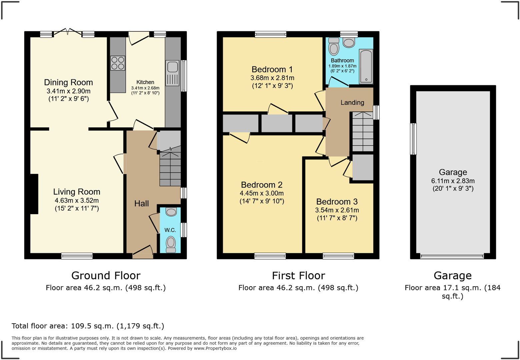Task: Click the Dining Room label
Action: coord(68,82)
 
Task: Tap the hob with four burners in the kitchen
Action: coord(118,63)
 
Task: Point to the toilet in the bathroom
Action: coord(334,47)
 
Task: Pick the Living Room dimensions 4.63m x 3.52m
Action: coord(77,201)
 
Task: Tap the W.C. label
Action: coord(170,230)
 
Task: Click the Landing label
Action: coord(352,103)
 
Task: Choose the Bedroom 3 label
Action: coord(337,202)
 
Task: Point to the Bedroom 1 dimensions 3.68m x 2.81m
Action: coord(272,78)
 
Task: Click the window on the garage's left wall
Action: coord(413,139)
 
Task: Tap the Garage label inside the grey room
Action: coord(453,172)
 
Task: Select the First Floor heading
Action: coord(298,276)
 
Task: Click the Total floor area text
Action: coord(88,326)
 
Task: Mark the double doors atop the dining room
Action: coord(68,32)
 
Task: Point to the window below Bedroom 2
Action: coord(270,256)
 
